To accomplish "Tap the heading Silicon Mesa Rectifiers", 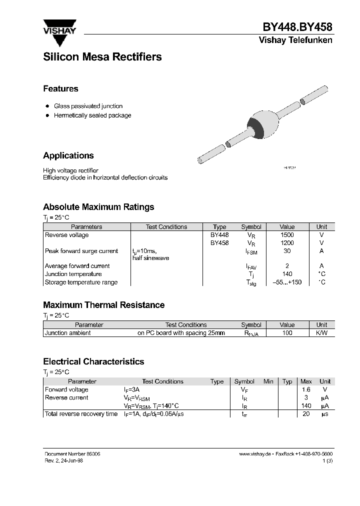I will click(x=102, y=57).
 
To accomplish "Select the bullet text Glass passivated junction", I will click(x=88, y=106).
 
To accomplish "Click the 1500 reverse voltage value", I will click(x=287, y=235).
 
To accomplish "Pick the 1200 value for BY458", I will click(x=287, y=243).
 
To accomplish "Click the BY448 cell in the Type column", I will click(x=219, y=235).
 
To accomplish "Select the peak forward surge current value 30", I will click(x=287, y=251).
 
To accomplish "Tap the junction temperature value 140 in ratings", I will click(x=287, y=274).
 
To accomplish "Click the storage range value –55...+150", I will click(x=287, y=282).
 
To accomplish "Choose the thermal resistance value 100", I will click(x=287, y=333).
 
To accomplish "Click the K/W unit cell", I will click(x=321, y=333).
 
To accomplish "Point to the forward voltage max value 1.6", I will click(x=305, y=389).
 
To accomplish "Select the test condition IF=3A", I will click(x=132, y=389).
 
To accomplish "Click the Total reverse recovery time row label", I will click(x=81, y=414).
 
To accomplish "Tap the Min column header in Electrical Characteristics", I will click(x=268, y=381).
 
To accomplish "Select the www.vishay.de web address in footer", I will click(x=255, y=453).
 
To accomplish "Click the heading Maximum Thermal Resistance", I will click(x=103, y=305).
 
